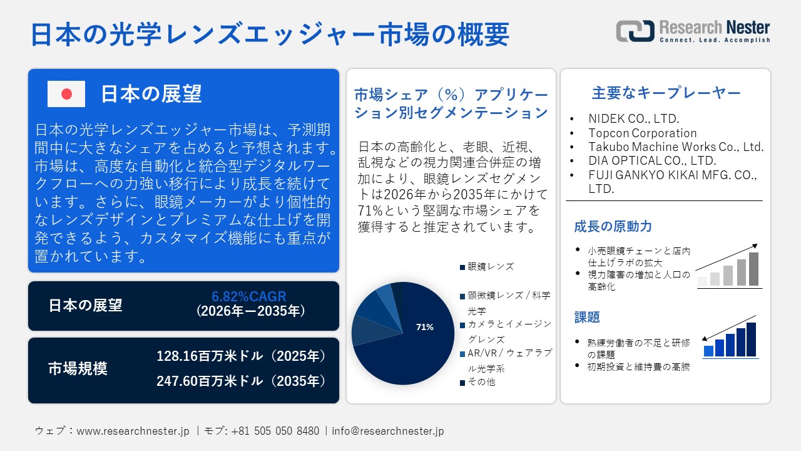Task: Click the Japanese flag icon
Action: [66, 94]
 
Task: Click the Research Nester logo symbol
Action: [635, 31]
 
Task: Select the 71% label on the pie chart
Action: [425, 327]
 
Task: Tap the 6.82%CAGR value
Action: [248, 297]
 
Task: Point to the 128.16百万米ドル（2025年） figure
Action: [242, 356]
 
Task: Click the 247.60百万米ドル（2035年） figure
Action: [242, 381]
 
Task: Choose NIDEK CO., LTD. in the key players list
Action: [633, 118]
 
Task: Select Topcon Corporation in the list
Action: [642, 133]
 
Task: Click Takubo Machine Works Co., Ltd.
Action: [676, 147]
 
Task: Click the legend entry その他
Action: [481, 382]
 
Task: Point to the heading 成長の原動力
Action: [604, 227]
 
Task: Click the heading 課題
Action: [587, 318]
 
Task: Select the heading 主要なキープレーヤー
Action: [666, 93]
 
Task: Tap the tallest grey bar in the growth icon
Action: [753, 269]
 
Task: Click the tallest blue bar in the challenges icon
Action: [751, 340]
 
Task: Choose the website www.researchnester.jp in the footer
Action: [133, 431]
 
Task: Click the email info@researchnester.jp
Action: [388, 431]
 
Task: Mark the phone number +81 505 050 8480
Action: [275, 431]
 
